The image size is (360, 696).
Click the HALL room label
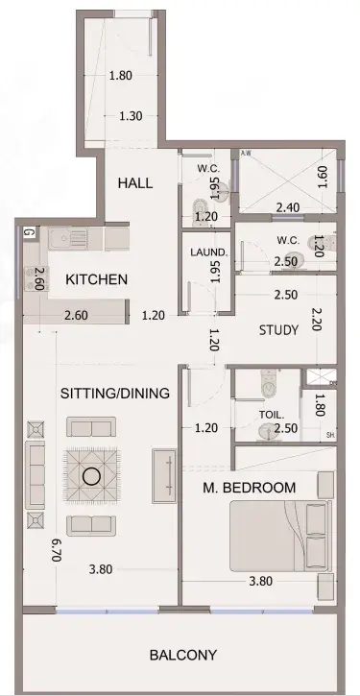[135, 182]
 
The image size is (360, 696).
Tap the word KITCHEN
[96, 279]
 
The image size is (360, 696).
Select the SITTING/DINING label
[115, 394]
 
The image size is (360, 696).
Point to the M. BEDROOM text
[249, 488]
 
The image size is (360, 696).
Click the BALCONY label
[183, 655]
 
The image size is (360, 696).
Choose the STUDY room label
[278, 330]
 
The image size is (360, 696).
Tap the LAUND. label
[208, 252]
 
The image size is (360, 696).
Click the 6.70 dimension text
[56, 550]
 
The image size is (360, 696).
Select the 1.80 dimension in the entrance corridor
[121, 76]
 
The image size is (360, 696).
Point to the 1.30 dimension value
[131, 116]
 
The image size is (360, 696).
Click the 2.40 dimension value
[288, 207]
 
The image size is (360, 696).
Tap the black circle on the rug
[91, 476]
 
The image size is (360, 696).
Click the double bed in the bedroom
[280, 536]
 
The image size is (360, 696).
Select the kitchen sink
[67, 239]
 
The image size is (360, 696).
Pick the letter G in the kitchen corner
[28, 233]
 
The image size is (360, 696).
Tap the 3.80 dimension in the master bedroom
[260, 581]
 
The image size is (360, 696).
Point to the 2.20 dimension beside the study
[317, 320]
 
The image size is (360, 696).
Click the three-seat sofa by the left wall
[36, 475]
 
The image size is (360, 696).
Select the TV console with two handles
[164, 476]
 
